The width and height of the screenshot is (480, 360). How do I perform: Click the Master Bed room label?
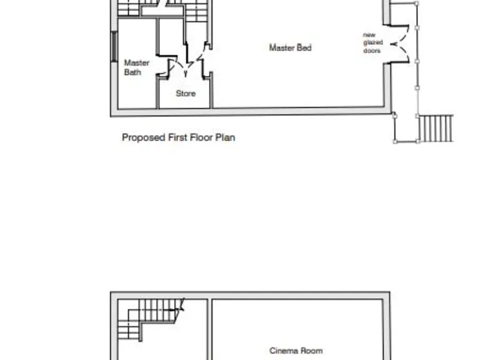tap(290, 47)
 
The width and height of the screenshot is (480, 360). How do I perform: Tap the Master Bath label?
tap(136, 67)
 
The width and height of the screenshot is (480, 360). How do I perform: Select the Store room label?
tap(186, 94)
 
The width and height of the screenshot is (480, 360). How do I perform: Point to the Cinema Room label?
tap(296, 351)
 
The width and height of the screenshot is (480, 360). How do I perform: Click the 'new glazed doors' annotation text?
tap(371, 42)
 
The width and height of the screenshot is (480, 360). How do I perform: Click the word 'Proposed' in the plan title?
tap(143, 137)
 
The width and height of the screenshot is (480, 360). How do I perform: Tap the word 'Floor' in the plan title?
tap(201, 137)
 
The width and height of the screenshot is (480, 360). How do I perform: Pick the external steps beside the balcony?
tap(436, 128)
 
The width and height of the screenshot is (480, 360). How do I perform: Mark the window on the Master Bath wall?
tap(113, 46)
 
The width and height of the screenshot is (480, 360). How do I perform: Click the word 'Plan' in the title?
tap(226, 137)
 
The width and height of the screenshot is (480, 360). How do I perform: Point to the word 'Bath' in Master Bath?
tap(132, 72)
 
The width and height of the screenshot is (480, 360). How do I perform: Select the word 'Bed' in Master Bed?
tap(304, 47)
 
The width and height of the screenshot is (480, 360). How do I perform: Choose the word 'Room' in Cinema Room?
tap(311, 351)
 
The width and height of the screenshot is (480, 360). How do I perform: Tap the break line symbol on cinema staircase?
tap(182, 306)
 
